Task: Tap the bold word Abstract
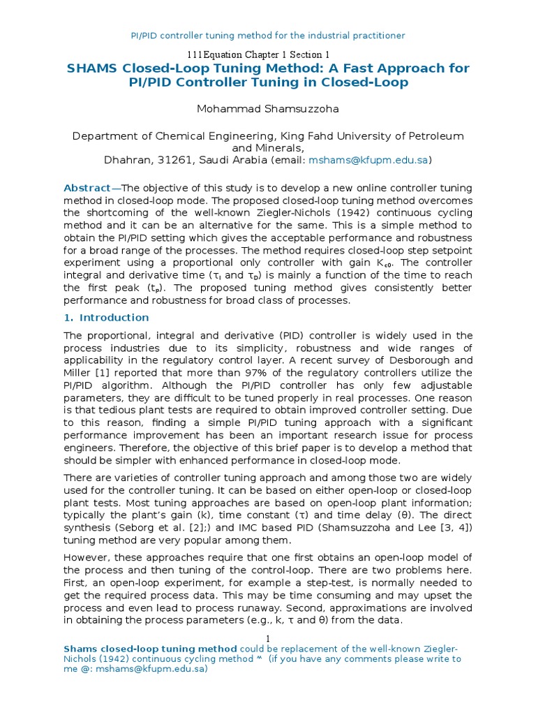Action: [87, 189]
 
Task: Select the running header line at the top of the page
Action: [268, 35]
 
